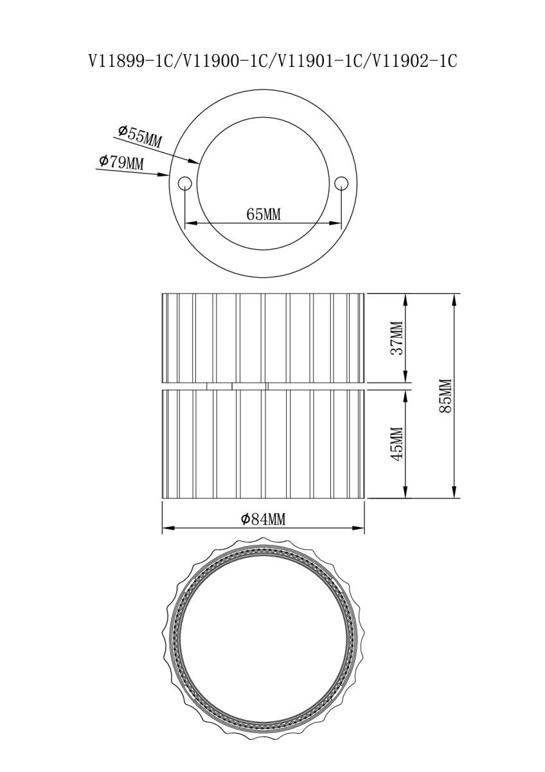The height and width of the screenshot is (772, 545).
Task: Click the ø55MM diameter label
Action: [139, 136]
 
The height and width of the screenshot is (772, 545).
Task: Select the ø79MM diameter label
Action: [121, 162]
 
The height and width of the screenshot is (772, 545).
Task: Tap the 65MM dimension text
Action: [264, 214]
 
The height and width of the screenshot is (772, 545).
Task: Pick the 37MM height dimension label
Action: [398, 338]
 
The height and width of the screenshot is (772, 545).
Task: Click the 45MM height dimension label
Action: [398, 444]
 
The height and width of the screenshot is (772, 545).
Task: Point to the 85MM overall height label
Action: [445, 396]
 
